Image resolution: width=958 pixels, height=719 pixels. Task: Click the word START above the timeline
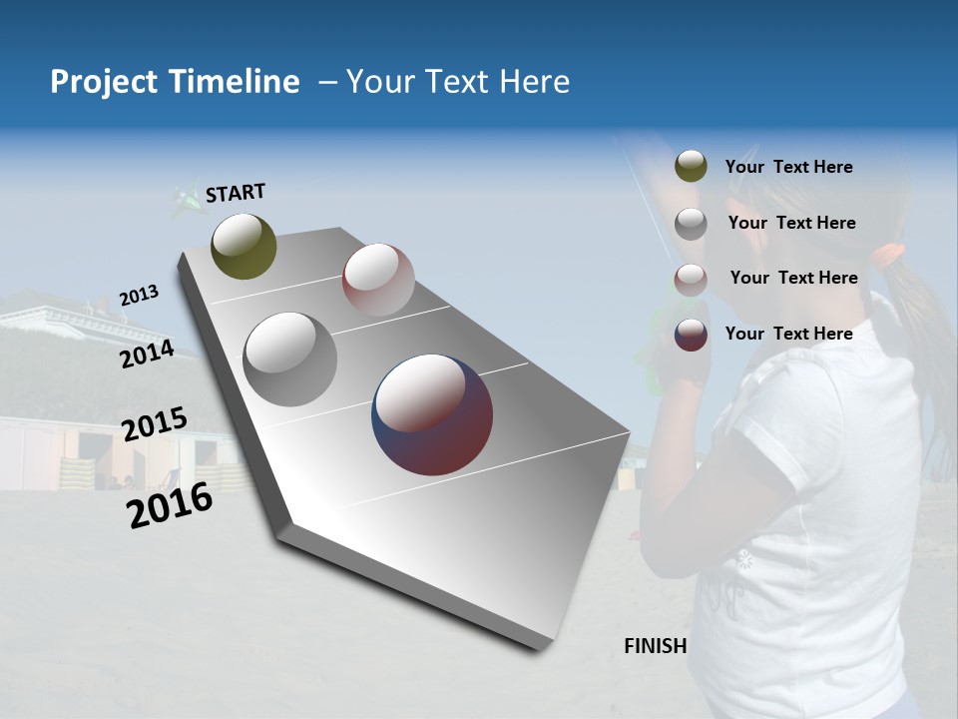click(x=236, y=193)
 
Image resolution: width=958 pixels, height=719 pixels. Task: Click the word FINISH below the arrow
click(x=655, y=646)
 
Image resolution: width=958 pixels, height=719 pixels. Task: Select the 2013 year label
click(x=139, y=296)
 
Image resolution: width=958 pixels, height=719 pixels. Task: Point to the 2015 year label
click(x=154, y=424)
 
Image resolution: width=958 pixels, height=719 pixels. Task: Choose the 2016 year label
click(x=170, y=505)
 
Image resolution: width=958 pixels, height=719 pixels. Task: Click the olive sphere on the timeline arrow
click(x=243, y=246)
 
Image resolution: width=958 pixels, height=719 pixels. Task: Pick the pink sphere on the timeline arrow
click(x=378, y=280)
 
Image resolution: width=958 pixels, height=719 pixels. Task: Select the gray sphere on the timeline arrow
click(x=290, y=359)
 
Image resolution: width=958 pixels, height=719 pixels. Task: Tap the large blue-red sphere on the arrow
click(x=432, y=413)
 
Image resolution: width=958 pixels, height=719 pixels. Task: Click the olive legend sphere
click(x=691, y=166)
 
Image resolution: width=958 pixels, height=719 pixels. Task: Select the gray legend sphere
click(x=691, y=224)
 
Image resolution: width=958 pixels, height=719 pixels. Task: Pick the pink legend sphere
click(x=691, y=280)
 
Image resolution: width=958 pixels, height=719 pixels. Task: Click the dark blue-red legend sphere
click(x=691, y=335)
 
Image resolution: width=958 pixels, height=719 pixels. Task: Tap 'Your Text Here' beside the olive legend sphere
click(x=788, y=167)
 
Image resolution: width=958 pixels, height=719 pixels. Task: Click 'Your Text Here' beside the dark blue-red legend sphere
click(x=788, y=334)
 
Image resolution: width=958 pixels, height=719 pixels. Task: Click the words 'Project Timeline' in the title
click(x=175, y=82)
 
